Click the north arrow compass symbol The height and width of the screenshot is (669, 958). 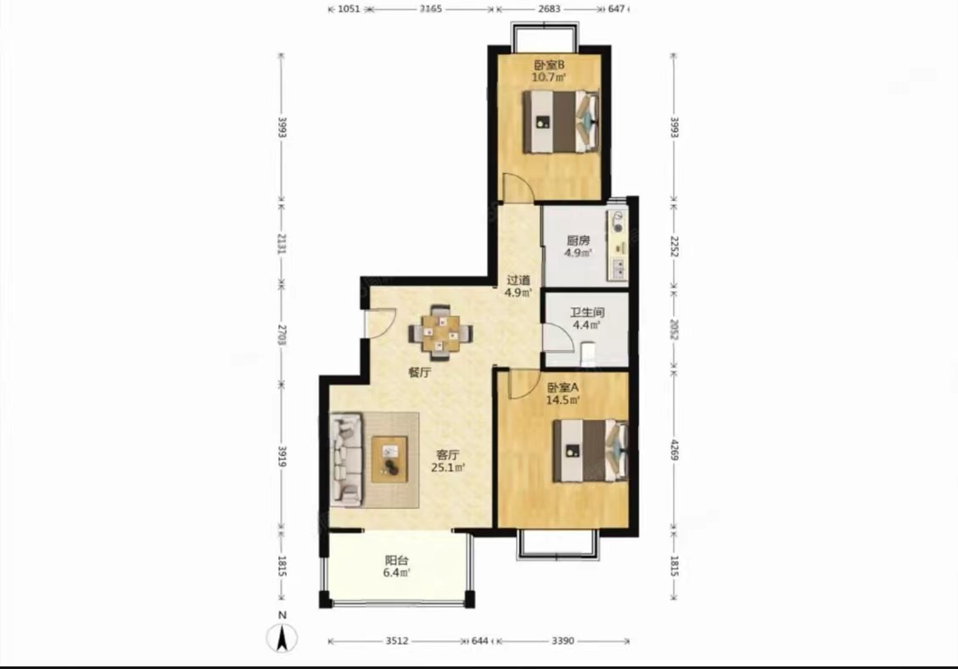click(282, 638)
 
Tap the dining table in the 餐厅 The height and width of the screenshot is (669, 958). click(440, 333)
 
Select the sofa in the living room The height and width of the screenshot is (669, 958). click(346, 460)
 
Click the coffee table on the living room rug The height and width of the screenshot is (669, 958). click(389, 460)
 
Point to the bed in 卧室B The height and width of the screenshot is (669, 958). click(561, 121)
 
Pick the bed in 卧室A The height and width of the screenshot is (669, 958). click(591, 450)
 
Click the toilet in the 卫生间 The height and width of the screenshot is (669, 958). click(588, 355)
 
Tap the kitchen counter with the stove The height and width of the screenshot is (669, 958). click(617, 245)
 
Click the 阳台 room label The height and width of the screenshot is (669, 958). click(396, 560)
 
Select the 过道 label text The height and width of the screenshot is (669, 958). click(518, 280)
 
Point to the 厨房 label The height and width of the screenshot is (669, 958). click(577, 241)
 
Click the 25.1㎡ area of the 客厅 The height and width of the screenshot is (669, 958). click(448, 468)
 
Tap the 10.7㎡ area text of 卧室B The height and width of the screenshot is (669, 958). click(549, 77)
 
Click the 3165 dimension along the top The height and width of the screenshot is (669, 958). click(431, 9)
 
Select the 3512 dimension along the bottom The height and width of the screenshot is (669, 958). click(397, 641)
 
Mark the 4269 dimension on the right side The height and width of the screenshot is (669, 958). click(674, 450)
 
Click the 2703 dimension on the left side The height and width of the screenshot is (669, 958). click(282, 334)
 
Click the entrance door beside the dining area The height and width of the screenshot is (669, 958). click(379, 321)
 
